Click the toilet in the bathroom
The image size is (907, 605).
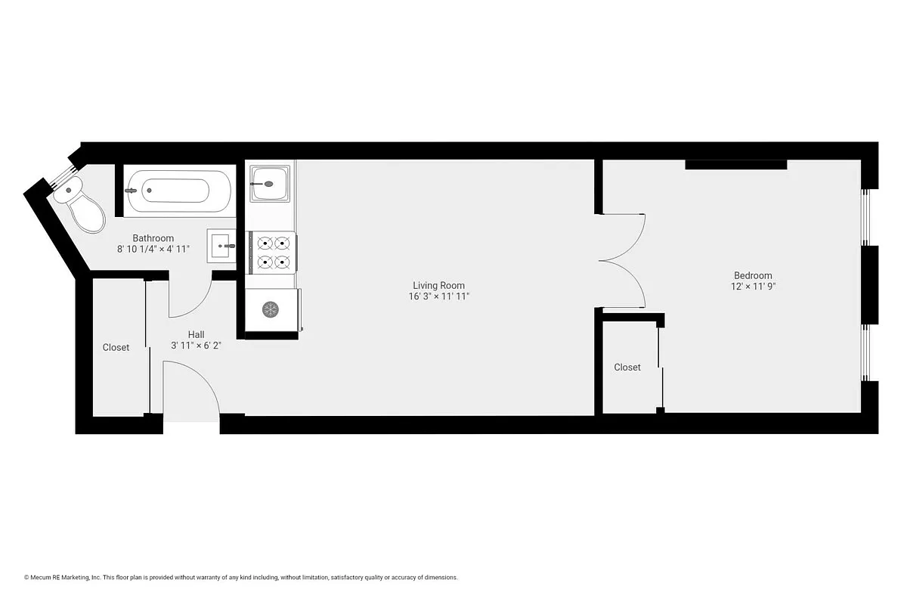click(82, 206)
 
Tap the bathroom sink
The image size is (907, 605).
click(222, 245)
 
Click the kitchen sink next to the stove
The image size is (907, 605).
click(270, 182)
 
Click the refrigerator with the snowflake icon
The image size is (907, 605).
click(271, 309)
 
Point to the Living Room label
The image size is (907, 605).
click(438, 285)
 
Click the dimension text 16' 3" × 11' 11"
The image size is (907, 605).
click(438, 296)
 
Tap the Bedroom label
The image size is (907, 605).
click(753, 275)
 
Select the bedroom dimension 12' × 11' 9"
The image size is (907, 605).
click(753, 287)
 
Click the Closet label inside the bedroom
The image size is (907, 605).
click(627, 368)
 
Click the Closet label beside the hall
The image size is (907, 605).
click(116, 348)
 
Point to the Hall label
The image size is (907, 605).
click(196, 334)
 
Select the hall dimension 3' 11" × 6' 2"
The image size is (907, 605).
click(196, 346)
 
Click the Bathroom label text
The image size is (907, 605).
click(153, 237)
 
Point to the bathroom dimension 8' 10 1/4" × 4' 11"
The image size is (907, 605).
click(153, 249)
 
